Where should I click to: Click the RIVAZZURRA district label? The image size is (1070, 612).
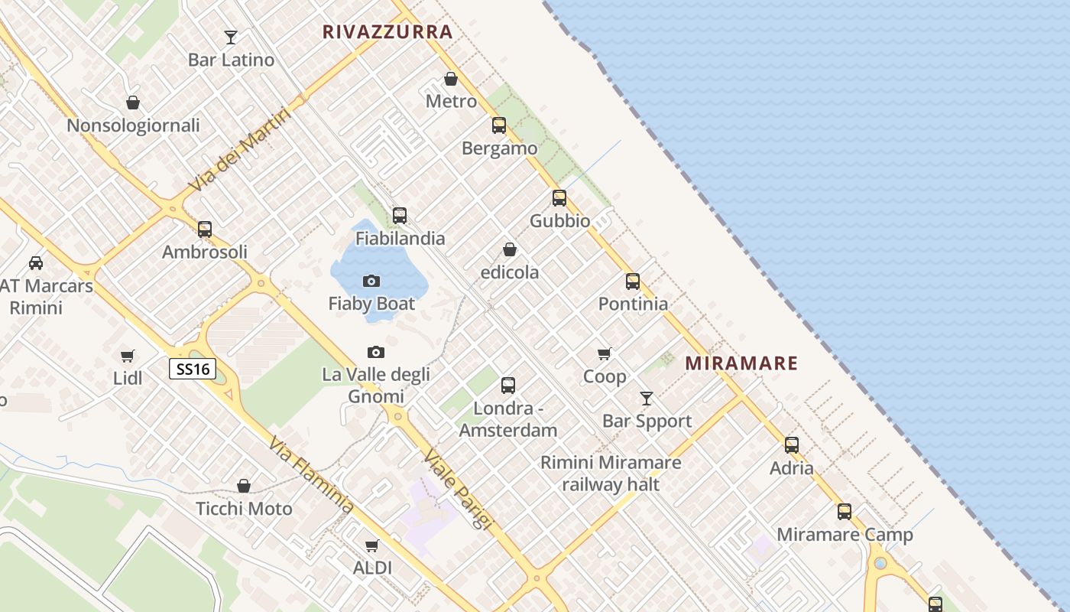point(387,32)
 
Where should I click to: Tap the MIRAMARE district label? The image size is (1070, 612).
point(741,363)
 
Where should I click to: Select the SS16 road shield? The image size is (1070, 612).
point(192,369)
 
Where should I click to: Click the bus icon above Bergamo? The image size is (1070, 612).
point(499,125)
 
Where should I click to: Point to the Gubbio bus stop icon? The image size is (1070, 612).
point(559,198)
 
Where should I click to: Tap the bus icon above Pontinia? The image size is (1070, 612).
point(633,281)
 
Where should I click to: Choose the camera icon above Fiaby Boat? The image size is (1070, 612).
point(371,281)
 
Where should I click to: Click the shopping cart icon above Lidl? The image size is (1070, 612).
point(128,356)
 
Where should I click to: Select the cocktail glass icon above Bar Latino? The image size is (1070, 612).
point(231,37)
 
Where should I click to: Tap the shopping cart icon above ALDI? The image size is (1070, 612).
point(372,545)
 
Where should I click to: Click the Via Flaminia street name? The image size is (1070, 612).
point(311,475)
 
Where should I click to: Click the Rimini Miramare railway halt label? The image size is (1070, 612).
point(611,473)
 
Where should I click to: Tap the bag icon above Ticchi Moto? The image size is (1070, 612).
point(244,486)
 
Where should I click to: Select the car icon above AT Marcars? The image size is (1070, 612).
point(36,263)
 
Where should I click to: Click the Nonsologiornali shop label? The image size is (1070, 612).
point(133,125)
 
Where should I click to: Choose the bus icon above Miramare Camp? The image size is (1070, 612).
point(845,512)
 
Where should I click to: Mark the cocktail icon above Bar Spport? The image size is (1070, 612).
point(647,399)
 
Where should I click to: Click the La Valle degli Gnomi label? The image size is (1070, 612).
point(376,385)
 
